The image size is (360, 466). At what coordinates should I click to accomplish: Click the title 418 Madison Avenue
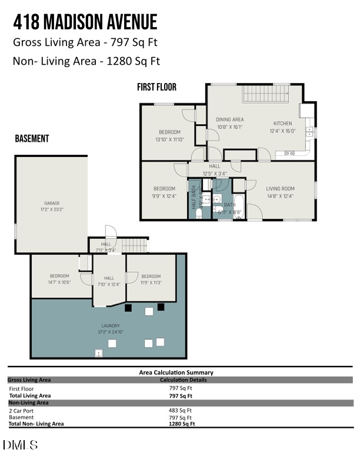coord(85,22)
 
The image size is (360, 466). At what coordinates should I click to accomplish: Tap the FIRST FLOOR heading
coord(156,87)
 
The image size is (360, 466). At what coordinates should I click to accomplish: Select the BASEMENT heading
coord(32,139)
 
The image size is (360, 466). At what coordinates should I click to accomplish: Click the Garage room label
coord(52,203)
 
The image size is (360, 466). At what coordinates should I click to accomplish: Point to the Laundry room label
coord(110,325)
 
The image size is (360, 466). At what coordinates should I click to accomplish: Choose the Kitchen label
coord(282,124)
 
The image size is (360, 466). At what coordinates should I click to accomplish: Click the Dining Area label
coord(229,119)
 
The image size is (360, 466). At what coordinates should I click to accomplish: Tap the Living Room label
coord(280,189)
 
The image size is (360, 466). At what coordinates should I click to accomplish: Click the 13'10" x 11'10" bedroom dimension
coord(169,139)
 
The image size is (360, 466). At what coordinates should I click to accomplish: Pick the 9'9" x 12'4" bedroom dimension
coord(164,196)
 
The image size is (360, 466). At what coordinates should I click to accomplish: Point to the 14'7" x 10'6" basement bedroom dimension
coord(59,282)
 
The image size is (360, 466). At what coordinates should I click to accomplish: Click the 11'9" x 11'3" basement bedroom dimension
coord(151,282)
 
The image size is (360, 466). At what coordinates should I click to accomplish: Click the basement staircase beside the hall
coord(134,245)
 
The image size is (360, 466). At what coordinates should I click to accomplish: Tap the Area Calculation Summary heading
coord(176,372)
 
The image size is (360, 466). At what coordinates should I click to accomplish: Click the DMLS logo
coord(21,445)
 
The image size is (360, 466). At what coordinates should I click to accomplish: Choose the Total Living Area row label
coord(30,396)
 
